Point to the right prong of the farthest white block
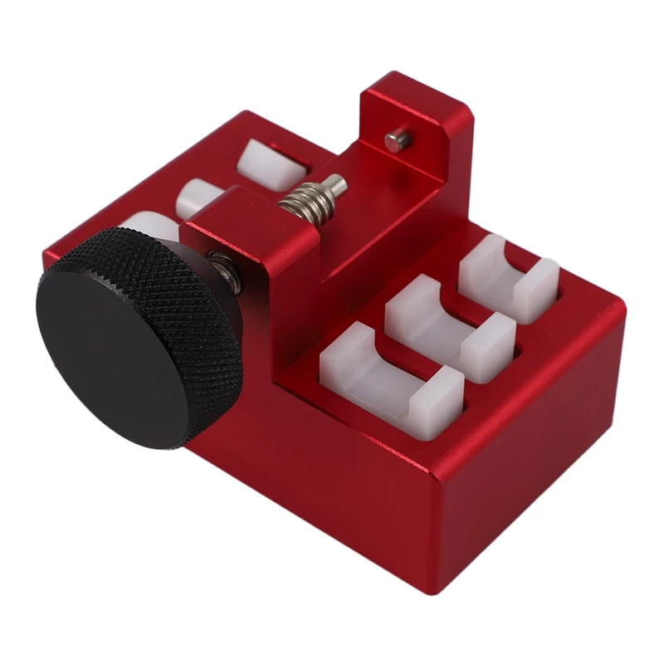(539, 286)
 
